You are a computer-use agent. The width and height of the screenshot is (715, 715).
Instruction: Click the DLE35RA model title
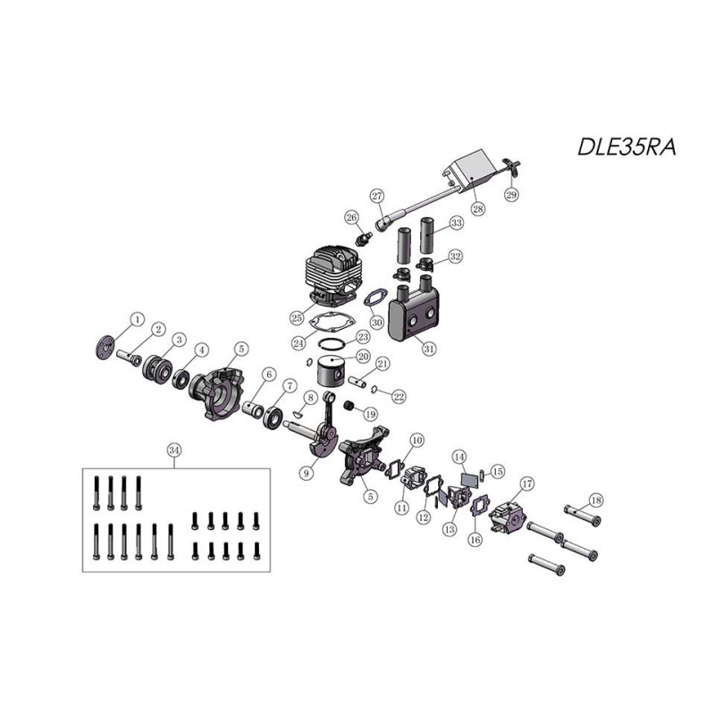point(627,147)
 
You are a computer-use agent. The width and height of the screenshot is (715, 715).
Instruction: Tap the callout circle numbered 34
point(173,450)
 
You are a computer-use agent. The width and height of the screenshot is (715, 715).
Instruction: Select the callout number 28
point(478,209)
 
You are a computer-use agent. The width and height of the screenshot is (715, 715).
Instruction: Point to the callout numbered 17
point(527,484)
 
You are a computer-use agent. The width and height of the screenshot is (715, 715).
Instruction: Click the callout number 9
point(307,474)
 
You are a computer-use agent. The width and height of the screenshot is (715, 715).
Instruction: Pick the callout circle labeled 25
point(297,318)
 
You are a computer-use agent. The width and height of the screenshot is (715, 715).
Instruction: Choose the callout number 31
point(429,349)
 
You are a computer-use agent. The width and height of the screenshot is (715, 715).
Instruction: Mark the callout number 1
point(138,319)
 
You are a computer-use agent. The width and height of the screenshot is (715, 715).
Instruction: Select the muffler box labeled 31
point(414,310)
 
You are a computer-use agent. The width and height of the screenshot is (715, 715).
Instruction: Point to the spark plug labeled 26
point(364,238)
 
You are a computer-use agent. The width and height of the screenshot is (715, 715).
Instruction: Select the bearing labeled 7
point(273,416)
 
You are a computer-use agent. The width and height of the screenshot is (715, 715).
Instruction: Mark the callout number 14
point(459,457)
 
